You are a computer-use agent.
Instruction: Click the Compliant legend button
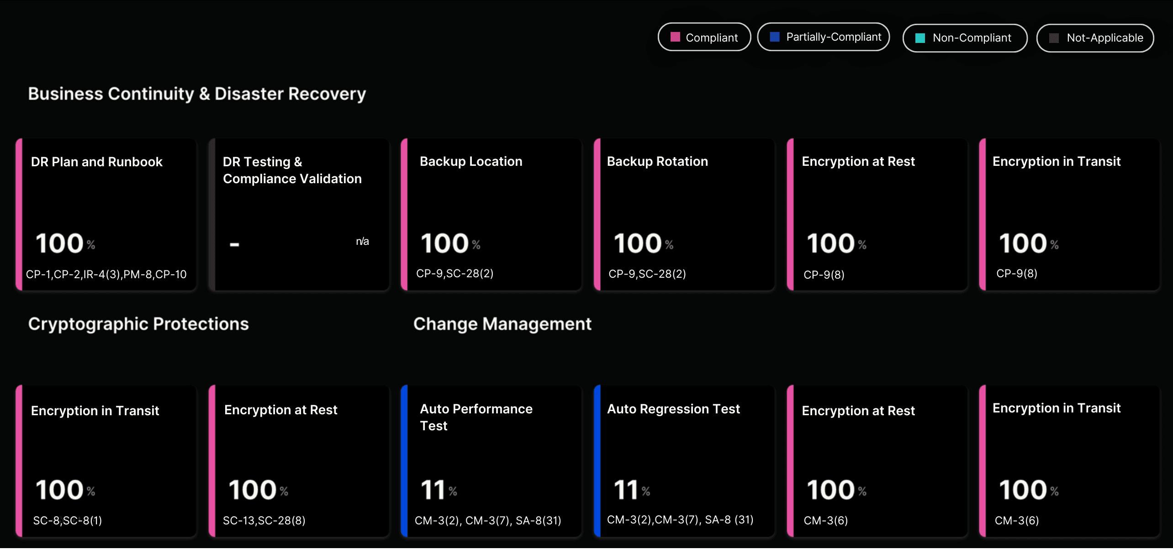coord(704,37)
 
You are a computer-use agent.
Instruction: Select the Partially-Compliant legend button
coord(823,37)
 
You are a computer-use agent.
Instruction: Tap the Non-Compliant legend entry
coord(965,38)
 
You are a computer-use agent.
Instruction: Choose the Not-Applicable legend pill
coord(1095,38)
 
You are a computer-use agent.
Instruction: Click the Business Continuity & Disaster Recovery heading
coord(197,94)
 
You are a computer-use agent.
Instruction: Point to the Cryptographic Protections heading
coord(138,324)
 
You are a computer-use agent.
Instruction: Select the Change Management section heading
coord(502,324)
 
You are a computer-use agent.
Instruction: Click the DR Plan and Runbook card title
coord(96,162)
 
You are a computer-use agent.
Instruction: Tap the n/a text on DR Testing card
coord(362,241)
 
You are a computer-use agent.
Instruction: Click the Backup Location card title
coord(470,161)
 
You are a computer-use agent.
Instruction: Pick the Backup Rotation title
coord(657,161)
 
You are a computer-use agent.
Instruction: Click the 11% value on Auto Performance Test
coord(438,490)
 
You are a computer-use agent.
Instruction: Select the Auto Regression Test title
coord(673,409)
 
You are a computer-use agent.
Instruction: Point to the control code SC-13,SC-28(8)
coord(264,520)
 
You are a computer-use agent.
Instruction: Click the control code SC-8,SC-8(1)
coord(67,520)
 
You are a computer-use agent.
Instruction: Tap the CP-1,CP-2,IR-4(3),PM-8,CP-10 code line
coord(106,274)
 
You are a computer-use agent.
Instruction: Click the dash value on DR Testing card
coord(234,244)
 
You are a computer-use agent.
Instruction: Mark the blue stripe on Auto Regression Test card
coord(597,460)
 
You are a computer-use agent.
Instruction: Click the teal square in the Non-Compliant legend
coord(920,38)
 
